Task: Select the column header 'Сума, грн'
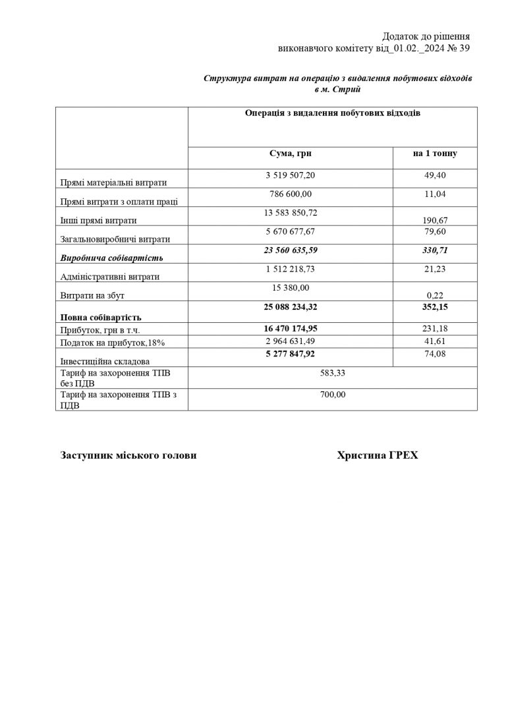pyautogui.click(x=291, y=154)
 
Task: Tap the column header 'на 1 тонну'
pyautogui.click(x=435, y=154)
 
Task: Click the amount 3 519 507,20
pyautogui.click(x=291, y=176)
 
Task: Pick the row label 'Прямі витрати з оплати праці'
pyautogui.click(x=119, y=202)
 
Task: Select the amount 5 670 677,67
pyautogui.click(x=291, y=231)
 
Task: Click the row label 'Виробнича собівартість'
pyautogui.click(x=111, y=257)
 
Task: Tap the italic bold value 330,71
pyautogui.click(x=435, y=250)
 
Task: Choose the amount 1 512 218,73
pyautogui.click(x=291, y=269)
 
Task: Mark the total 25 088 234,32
pyautogui.click(x=291, y=306)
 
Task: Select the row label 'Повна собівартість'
pyautogui.click(x=100, y=318)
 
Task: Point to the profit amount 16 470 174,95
pyautogui.click(x=291, y=328)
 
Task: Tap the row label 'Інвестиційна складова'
pyautogui.click(x=104, y=361)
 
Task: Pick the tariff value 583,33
pyautogui.click(x=332, y=373)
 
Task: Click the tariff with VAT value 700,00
pyautogui.click(x=332, y=395)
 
